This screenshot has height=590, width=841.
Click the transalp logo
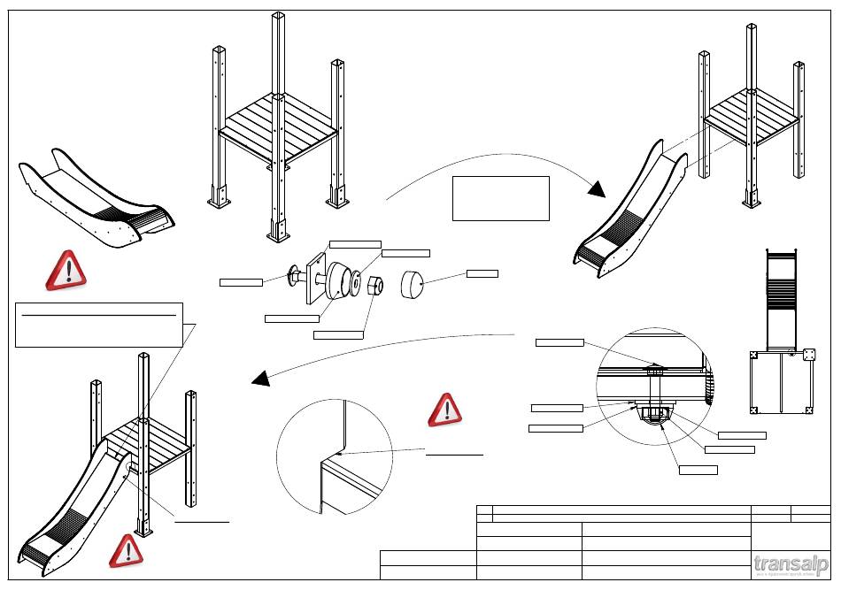791,563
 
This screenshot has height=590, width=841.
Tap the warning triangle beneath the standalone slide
66,270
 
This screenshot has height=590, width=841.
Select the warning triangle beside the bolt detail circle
445,410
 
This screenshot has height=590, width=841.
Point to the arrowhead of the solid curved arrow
597,188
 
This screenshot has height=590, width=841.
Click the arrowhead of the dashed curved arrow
261,379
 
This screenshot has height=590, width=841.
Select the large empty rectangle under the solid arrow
500,197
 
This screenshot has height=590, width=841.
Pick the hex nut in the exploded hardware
374,287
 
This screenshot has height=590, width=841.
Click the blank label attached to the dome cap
482,272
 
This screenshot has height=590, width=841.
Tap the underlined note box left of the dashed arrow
99,325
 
